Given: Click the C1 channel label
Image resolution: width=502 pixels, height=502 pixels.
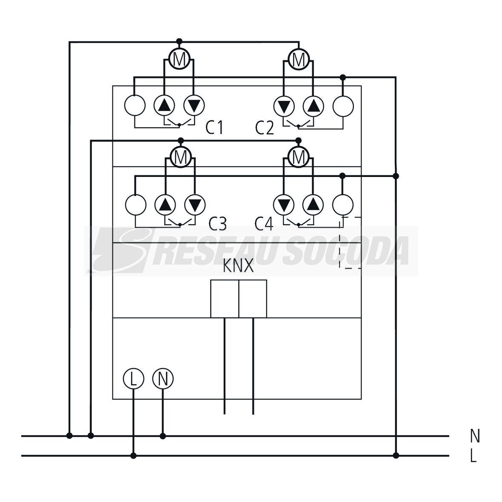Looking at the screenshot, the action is tap(214, 128).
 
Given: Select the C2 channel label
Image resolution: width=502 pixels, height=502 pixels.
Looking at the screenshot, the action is tap(265, 128).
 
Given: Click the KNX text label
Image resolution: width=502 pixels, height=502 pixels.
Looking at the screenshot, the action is tap(238, 266).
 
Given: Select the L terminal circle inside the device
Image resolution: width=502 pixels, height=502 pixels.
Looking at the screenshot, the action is tap(134, 379).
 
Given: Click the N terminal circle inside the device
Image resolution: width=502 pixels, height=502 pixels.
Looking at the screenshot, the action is tap(163, 379).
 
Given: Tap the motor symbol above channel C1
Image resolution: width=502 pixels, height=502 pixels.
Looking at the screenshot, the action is tap(179, 59).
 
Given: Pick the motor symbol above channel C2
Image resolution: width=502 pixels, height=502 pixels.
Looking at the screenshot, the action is tap(299, 59).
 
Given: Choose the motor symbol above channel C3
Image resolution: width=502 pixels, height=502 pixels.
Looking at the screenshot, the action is tap(181, 157).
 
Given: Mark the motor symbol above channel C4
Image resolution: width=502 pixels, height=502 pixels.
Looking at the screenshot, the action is tap(299, 157).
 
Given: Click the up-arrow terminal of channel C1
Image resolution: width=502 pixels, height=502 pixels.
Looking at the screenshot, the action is tap(165, 105).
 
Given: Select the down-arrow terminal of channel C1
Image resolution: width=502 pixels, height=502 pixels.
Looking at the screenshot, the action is tap(194, 105).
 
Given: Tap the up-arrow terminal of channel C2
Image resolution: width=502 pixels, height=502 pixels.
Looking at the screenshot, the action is tap(314, 106).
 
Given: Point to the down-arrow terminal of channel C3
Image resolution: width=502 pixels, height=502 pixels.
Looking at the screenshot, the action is tap(195, 204).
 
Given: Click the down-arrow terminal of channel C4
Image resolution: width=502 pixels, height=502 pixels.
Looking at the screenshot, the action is tap(284, 204).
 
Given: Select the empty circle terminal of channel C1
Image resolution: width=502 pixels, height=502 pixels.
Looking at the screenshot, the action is tap(135, 105).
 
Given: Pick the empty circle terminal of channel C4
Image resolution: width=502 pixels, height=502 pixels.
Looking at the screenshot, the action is tap(343, 204).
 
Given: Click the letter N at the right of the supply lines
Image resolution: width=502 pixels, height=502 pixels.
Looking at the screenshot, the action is tap(475, 436).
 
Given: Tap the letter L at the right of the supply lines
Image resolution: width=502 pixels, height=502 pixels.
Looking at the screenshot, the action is tap(474, 456).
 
